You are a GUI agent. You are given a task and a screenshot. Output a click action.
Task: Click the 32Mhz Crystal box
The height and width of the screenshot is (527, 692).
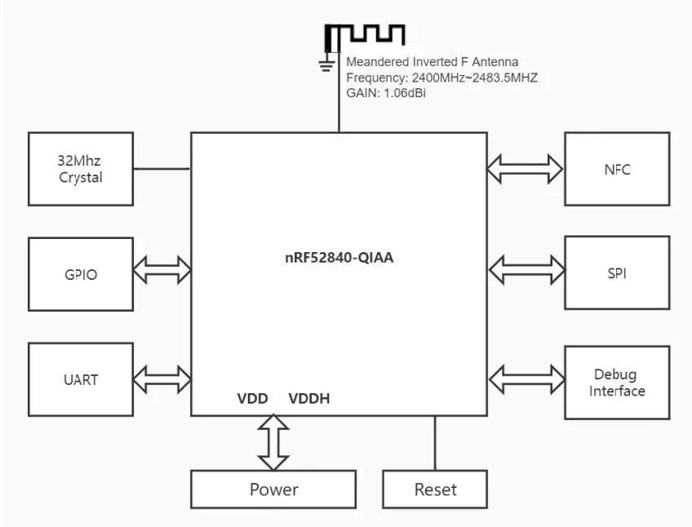click(81, 169)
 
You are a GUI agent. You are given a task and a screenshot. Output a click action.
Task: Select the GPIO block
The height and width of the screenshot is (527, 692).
click(81, 274)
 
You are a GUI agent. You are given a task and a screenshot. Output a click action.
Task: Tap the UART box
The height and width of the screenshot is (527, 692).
click(81, 379)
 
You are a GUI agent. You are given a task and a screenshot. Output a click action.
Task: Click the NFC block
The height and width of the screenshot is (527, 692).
click(617, 169)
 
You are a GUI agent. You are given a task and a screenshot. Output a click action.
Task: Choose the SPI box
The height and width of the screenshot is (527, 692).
click(617, 273)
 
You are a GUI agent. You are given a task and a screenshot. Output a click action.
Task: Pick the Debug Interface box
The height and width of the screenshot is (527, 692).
click(617, 383)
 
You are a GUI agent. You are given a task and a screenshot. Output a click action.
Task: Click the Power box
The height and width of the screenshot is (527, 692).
click(273, 489)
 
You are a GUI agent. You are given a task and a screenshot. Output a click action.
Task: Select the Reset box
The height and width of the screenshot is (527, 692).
click(435, 489)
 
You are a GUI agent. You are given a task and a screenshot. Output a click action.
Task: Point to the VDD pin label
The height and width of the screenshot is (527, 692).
click(253, 399)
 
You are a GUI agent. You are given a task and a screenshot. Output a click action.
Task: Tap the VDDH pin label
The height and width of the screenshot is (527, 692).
click(309, 399)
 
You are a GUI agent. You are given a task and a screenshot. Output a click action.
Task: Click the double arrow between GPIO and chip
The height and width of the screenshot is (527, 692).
click(162, 270)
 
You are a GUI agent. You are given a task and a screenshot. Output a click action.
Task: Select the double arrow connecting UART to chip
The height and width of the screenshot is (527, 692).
click(162, 379)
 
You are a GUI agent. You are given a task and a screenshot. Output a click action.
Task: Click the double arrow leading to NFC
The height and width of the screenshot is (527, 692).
click(526, 168)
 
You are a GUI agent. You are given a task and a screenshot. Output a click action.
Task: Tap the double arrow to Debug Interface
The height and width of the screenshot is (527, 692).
click(526, 379)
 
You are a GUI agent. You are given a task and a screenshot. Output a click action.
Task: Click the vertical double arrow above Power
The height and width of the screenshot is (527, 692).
click(273, 442)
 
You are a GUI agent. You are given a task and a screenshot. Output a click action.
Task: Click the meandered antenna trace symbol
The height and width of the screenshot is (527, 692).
click(366, 35)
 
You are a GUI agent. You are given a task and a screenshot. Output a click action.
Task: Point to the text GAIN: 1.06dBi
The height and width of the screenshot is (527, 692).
click(386, 93)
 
